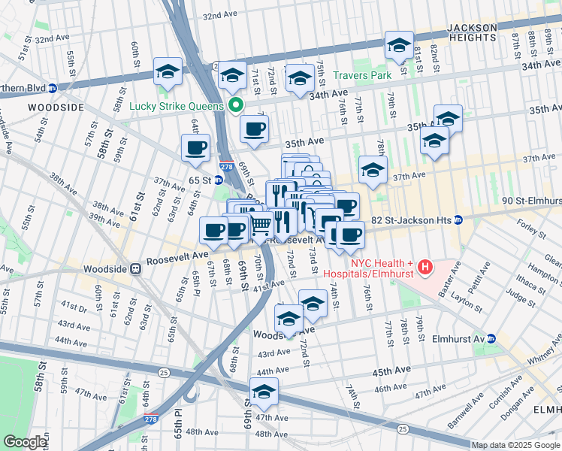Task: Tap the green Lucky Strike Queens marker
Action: point(236,106)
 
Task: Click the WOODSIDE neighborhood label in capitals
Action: point(56,107)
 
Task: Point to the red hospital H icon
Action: point(425,267)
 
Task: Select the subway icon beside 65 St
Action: point(218,180)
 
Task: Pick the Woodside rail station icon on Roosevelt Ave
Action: point(135,268)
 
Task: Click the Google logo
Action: point(25,442)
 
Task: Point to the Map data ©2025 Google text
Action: point(515,445)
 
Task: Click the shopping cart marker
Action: point(261,224)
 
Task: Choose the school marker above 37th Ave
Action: point(373,169)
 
